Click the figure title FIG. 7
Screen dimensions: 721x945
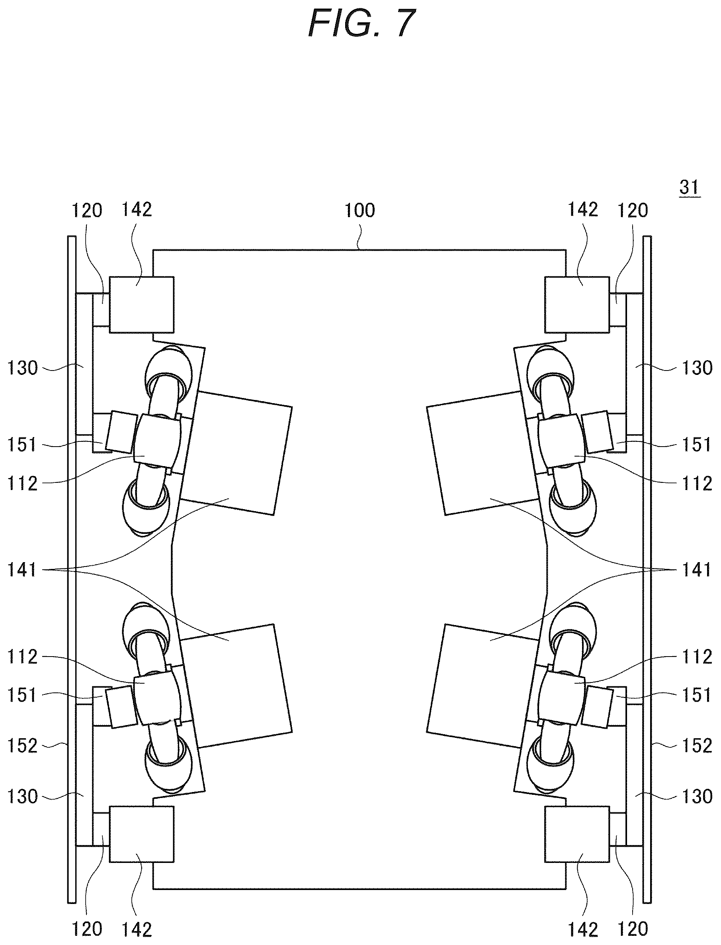point(362,24)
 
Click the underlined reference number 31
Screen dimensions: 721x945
point(690,188)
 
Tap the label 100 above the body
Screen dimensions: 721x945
point(360,210)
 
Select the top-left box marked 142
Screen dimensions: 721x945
point(142,304)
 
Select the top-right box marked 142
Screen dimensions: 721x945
point(577,304)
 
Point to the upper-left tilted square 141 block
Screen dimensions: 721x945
point(236,453)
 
